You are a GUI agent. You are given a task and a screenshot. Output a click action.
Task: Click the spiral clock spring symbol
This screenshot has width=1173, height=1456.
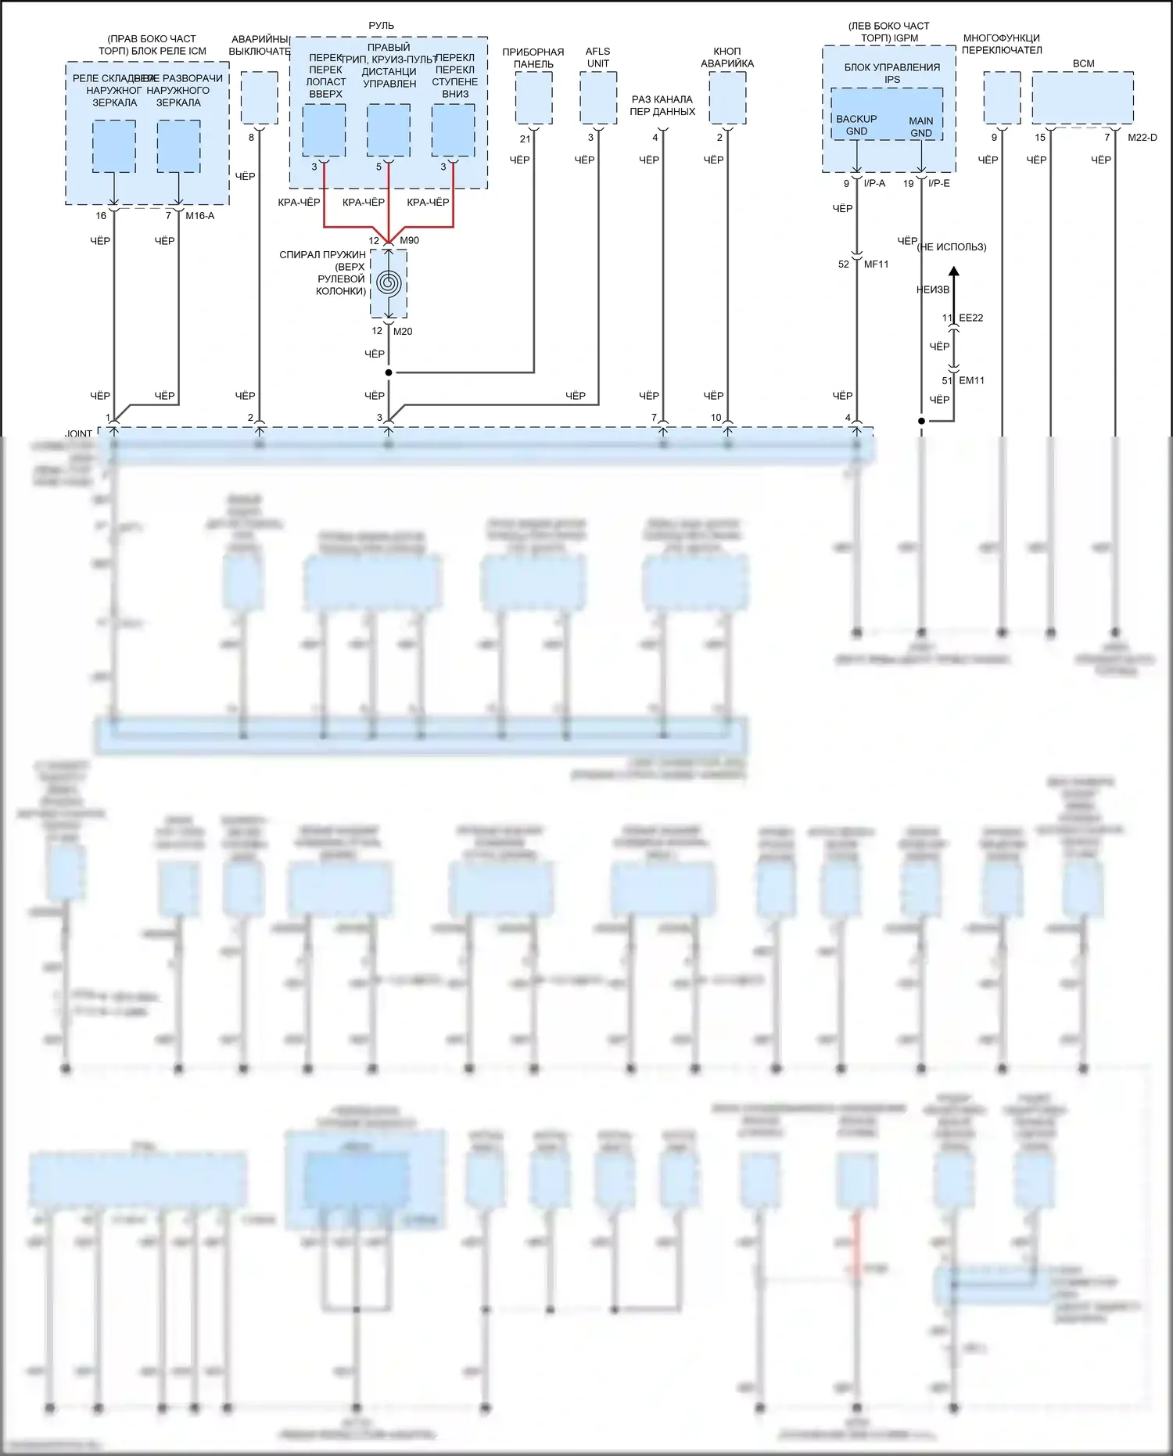pyautogui.click(x=389, y=282)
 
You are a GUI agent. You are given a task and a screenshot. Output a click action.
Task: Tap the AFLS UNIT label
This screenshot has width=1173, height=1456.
pyautogui.click(x=597, y=57)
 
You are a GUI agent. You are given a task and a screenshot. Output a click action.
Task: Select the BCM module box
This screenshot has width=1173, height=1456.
pyautogui.click(x=1082, y=97)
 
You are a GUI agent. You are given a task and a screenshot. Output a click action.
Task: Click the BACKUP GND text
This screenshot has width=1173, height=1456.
pyautogui.click(x=856, y=125)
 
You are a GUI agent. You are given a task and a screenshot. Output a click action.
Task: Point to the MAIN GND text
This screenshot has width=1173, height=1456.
pyautogui.click(x=921, y=127)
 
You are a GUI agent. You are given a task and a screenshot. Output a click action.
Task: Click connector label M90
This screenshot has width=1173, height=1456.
pyautogui.click(x=409, y=240)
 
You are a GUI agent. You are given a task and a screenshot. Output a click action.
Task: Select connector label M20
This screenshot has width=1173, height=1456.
pyautogui.click(x=403, y=331)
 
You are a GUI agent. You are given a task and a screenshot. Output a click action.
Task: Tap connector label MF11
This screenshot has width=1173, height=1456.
pyautogui.click(x=876, y=264)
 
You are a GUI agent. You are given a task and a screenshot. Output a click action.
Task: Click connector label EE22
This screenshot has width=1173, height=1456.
pyautogui.click(x=971, y=318)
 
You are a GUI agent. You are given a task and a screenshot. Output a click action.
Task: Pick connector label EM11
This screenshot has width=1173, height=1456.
pyautogui.click(x=971, y=380)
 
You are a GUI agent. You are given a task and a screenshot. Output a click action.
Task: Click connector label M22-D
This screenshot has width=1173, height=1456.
pyautogui.click(x=1142, y=138)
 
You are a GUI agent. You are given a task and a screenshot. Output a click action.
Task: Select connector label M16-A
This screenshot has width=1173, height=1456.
pyautogui.click(x=199, y=215)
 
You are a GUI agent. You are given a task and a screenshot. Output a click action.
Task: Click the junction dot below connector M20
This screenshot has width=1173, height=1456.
pyautogui.click(x=389, y=372)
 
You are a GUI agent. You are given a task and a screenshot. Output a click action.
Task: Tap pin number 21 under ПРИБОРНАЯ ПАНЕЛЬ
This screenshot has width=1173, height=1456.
pyautogui.click(x=525, y=138)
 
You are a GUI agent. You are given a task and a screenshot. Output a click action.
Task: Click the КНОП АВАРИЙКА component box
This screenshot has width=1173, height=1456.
pyautogui.click(x=727, y=97)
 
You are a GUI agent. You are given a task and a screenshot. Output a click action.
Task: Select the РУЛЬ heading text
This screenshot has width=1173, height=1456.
pyautogui.click(x=382, y=26)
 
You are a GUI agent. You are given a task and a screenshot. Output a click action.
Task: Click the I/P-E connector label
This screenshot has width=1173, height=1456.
pyautogui.click(x=939, y=183)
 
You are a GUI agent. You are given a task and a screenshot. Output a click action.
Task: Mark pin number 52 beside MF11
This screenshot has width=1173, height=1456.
pyautogui.click(x=843, y=264)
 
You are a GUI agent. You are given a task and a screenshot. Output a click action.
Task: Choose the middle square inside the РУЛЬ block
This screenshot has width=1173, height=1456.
pyautogui.click(x=389, y=130)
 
